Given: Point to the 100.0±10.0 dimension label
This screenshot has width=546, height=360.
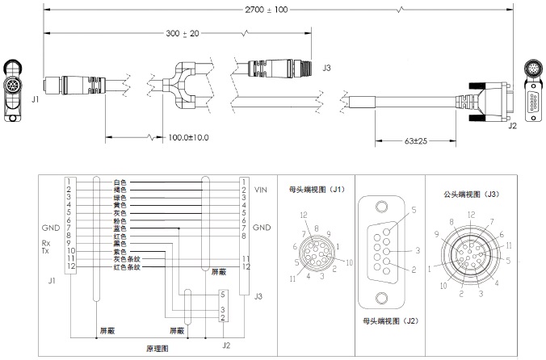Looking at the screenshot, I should [187, 137].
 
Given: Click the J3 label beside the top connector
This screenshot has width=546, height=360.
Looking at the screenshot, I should [326, 69].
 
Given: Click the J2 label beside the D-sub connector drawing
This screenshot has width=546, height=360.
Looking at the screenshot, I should [512, 125].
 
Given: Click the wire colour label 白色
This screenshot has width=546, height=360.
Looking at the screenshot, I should [121, 182].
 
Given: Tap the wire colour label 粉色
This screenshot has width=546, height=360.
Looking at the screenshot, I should [121, 220].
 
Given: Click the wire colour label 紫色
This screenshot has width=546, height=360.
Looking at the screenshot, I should [121, 251].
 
